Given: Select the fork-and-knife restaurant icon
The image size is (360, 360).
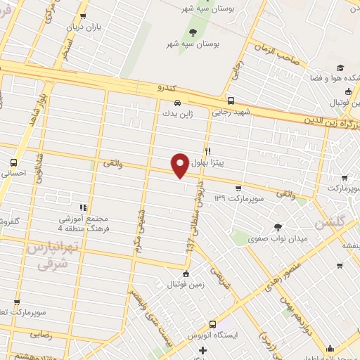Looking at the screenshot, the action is coord(207,151).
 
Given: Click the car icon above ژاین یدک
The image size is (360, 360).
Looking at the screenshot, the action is coord(178,101).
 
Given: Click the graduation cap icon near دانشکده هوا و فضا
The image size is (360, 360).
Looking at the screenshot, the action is coord(340,68).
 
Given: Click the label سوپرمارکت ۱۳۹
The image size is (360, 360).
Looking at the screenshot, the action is coord(239,200).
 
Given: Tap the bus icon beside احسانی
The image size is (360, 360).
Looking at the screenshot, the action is coord(13,160).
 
